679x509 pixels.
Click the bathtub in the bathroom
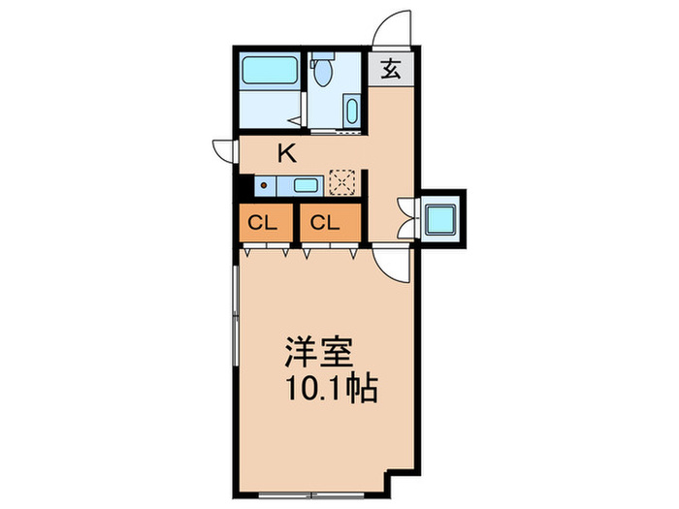[x=270, y=72]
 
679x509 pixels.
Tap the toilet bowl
[x=323, y=74]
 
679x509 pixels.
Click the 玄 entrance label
[x=391, y=70]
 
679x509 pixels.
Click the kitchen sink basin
[x=305, y=185]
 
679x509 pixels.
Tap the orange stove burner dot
[x=262, y=185]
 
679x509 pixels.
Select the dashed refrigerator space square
[x=341, y=182]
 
